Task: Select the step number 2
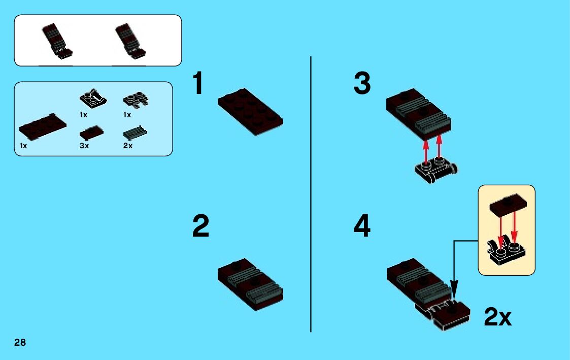point(200,227)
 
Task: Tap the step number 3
point(362,84)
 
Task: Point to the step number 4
point(362,227)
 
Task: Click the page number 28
point(20,343)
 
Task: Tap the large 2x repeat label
point(497,317)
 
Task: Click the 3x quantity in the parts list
point(84,146)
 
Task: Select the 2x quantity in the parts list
point(128,146)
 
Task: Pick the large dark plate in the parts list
point(43,127)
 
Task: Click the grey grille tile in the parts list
point(136,134)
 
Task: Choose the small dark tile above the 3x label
point(92,134)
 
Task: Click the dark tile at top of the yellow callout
point(506,203)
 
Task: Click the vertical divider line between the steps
point(311,193)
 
